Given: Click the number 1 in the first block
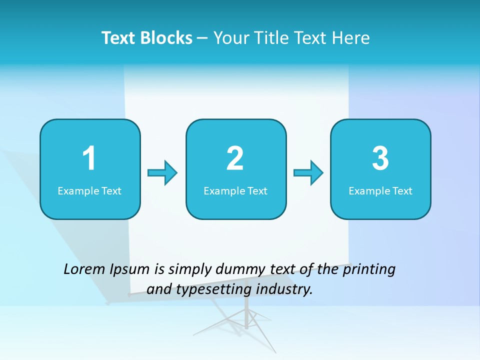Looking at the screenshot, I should pyautogui.click(x=89, y=158).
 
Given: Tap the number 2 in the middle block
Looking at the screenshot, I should pyautogui.click(x=235, y=158).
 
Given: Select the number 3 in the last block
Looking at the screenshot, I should pyautogui.click(x=380, y=158).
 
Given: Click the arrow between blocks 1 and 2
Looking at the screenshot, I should pyautogui.click(x=162, y=173).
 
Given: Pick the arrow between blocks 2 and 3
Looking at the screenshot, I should pyautogui.click(x=308, y=173).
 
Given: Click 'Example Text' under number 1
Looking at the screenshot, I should pyautogui.click(x=89, y=191).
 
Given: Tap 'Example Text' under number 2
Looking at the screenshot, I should pyautogui.click(x=235, y=191).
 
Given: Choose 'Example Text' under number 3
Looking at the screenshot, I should pyautogui.click(x=380, y=191).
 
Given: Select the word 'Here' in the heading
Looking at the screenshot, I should pyautogui.click(x=352, y=38).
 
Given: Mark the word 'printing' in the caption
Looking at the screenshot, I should pyautogui.click(x=369, y=270).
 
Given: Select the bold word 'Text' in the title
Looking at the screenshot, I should pyautogui.click(x=119, y=38).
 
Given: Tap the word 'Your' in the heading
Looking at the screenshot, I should pyautogui.click(x=230, y=38).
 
